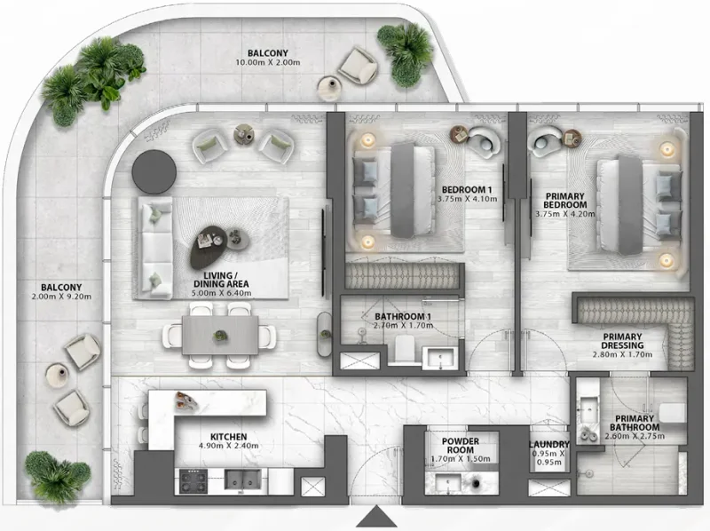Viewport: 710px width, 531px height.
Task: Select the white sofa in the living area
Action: click(x=154, y=242)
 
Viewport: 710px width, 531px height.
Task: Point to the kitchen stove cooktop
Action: click(x=193, y=482)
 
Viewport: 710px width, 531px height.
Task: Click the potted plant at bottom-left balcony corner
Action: click(x=57, y=476)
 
